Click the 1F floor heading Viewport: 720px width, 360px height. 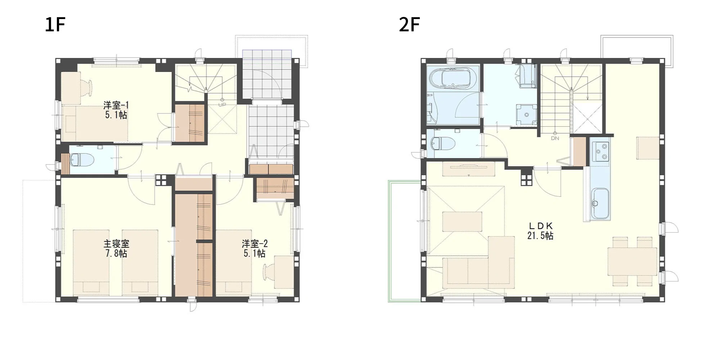point(55,25)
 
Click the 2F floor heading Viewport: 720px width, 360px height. point(409,25)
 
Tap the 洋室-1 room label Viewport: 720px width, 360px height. point(116,105)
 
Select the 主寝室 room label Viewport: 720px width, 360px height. point(116,244)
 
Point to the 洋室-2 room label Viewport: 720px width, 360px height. point(255,244)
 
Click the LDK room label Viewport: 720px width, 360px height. point(540,226)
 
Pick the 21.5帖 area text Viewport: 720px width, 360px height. point(540,236)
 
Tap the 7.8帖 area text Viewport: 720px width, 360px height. point(116,253)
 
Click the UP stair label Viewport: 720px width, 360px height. point(222,105)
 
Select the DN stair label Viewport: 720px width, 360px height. point(555,138)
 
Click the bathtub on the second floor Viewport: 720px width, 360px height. point(451,78)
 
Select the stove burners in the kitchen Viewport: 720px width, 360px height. point(600,151)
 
